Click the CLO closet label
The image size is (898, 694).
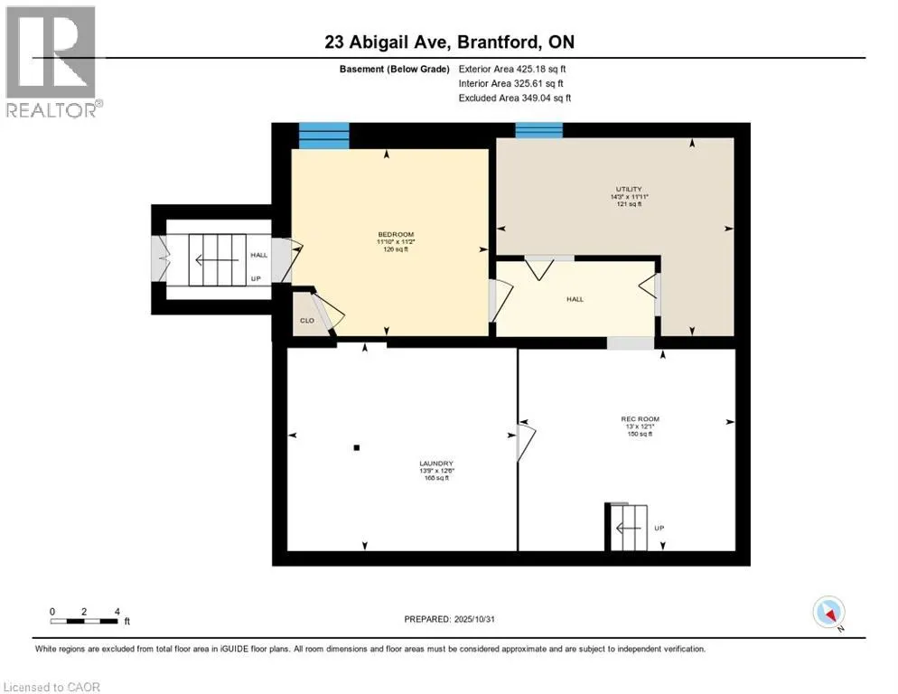306,320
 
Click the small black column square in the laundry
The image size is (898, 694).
357,447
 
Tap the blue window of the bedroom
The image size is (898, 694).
323,136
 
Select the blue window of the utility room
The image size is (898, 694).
538,130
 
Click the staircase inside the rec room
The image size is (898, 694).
627,527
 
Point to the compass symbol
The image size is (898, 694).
828,612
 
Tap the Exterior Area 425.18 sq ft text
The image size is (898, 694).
513,69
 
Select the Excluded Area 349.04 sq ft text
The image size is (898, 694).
515,98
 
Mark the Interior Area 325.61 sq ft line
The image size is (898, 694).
512,83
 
